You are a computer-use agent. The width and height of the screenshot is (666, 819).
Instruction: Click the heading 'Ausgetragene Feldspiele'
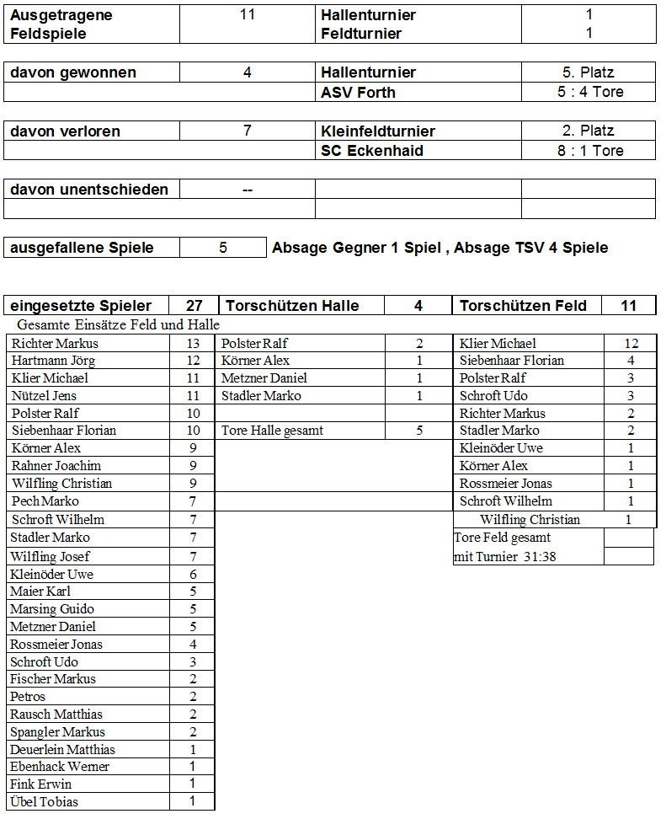pos(61,24)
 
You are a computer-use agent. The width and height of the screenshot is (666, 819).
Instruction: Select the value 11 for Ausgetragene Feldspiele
pos(248,14)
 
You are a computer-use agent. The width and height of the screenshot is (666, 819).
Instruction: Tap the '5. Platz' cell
pos(589,72)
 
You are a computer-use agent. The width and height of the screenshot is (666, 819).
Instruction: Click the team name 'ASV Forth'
pos(358,92)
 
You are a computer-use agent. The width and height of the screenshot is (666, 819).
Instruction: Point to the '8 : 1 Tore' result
pos(590,151)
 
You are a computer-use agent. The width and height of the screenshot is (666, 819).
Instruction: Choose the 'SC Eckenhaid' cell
pos(372,151)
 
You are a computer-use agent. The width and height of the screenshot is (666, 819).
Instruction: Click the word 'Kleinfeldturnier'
pos(378,131)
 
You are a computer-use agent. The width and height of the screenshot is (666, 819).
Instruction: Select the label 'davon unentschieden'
pos(89,190)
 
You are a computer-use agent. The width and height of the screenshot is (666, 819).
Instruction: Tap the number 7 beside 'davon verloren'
pos(248,131)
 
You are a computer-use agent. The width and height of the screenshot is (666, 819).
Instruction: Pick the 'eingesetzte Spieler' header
pos(81,306)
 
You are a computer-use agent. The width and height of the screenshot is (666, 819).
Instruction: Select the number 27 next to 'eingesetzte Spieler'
pos(194,306)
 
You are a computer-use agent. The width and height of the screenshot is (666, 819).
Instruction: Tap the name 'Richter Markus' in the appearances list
pos(55,344)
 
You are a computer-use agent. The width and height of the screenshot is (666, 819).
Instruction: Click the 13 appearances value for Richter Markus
pos(193,344)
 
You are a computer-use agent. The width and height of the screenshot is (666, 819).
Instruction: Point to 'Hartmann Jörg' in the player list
pos(53,361)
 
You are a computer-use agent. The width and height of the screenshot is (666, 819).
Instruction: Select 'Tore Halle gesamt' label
pos(272,431)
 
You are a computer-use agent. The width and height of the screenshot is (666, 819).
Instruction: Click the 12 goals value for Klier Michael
pos(631,344)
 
